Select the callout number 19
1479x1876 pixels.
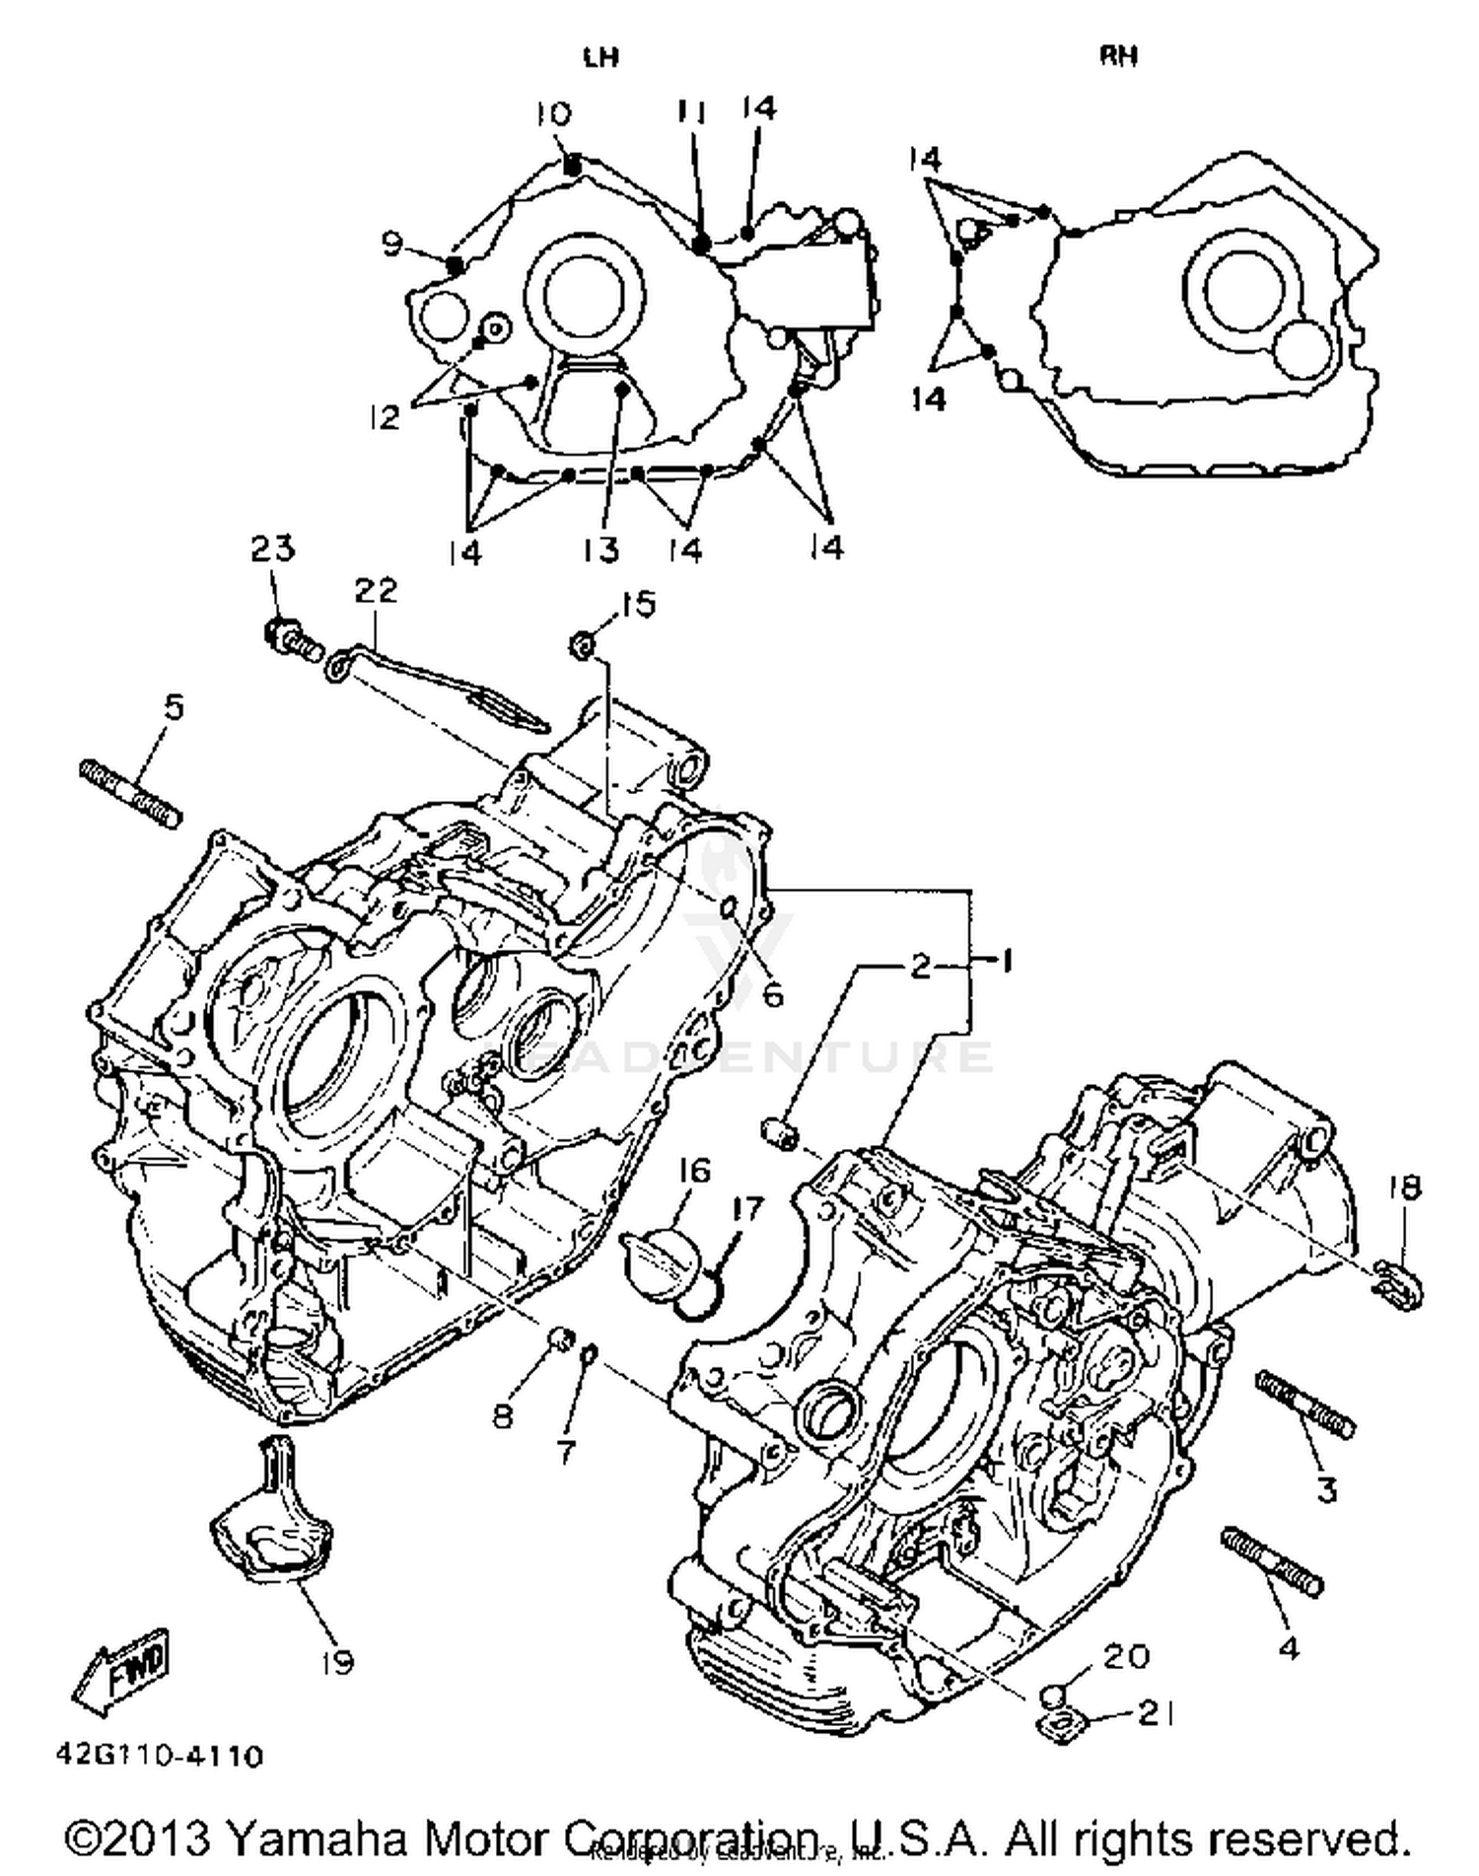(338, 1664)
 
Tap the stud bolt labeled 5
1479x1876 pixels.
(130, 794)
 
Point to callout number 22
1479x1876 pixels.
(376, 591)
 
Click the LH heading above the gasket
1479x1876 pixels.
(600, 56)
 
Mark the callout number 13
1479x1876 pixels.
(600, 549)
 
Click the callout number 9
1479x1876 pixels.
(393, 243)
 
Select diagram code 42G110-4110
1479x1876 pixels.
(159, 1757)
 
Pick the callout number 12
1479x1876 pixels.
(385, 417)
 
